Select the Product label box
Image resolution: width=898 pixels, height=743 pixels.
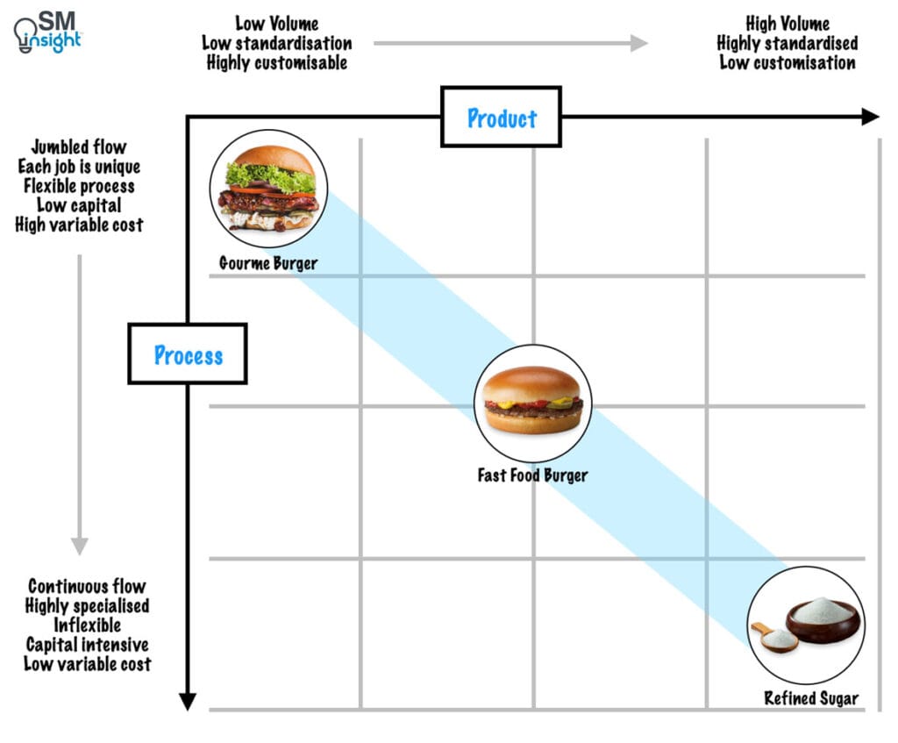tap(501, 117)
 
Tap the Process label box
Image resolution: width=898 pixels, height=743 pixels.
tap(188, 354)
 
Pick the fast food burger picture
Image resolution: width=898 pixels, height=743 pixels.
tap(532, 403)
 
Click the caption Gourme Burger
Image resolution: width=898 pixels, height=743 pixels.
tap(268, 263)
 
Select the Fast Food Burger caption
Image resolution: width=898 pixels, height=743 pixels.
tap(532, 475)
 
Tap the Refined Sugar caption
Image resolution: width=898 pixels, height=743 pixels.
tap(811, 699)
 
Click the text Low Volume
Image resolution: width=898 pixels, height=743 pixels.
tap(276, 24)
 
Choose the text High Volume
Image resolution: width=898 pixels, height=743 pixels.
tap(787, 24)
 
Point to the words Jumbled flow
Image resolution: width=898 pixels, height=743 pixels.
tap(79, 147)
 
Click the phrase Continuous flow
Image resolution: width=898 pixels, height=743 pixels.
tap(87, 586)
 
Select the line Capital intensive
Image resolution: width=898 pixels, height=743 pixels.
tap(87, 645)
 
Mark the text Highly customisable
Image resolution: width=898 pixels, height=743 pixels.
tap(276, 62)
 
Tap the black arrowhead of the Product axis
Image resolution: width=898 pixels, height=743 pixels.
tap(870, 117)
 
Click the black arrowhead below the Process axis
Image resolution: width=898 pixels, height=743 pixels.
tap(187, 700)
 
